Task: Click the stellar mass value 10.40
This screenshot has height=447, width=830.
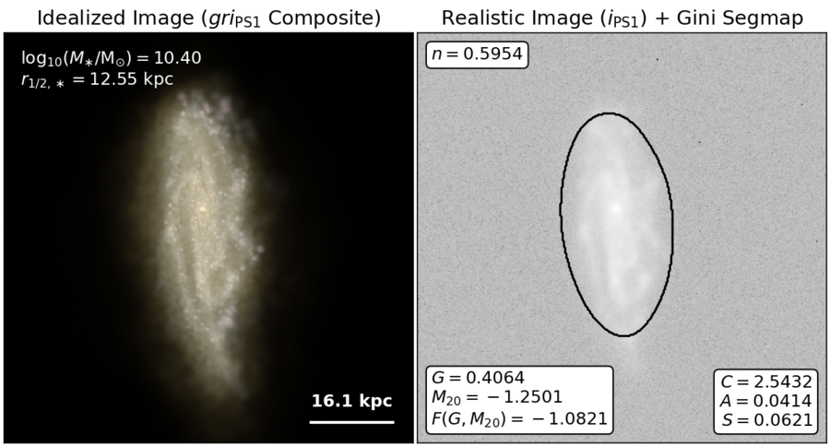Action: point(177,57)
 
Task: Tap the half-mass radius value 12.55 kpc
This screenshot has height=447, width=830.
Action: point(132,79)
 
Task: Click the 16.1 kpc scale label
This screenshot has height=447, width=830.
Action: point(351,401)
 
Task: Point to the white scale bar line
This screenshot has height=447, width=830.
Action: point(352,423)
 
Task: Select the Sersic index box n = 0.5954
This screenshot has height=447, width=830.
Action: point(477,54)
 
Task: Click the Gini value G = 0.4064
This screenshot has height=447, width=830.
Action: point(478,378)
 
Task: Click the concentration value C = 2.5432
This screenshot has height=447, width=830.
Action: point(766,381)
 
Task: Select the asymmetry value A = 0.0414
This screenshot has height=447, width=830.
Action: point(766,401)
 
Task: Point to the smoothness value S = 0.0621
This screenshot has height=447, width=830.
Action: point(766,420)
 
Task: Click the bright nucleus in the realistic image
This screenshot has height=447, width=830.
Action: point(615,208)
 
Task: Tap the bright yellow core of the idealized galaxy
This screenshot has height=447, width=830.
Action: point(202,209)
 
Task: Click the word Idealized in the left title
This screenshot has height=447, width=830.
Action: point(78,18)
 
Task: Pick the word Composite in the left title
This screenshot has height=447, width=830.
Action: point(324,19)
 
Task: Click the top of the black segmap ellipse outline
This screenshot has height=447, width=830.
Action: point(610,113)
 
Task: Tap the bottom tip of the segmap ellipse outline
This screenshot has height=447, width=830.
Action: point(624,335)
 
